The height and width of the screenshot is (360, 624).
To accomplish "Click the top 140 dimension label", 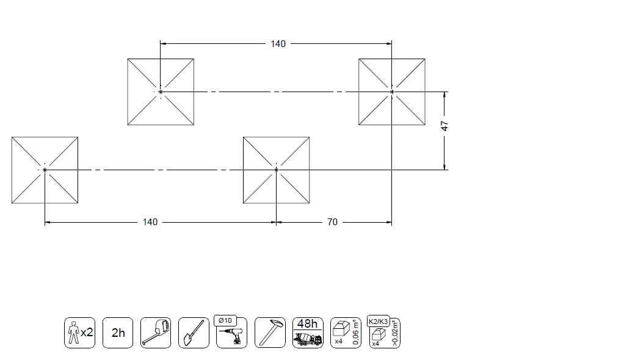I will [x=278, y=44].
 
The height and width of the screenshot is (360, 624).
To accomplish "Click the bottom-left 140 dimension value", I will [x=150, y=222].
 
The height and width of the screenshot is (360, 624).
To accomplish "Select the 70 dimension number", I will [x=332, y=222].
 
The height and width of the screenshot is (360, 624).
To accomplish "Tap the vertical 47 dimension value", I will [x=445, y=126].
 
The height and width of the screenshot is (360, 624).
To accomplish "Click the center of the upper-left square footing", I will [x=161, y=92].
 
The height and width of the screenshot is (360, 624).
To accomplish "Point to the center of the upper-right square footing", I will [x=392, y=92].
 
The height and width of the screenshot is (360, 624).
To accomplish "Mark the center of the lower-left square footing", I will [x=45, y=170].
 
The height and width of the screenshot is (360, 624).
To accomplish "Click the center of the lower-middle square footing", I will [x=277, y=170].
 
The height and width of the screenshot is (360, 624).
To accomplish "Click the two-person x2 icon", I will [x=80, y=333].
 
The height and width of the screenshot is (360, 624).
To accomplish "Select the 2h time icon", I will [x=118, y=333].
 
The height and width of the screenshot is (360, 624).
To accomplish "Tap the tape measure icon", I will [x=156, y=333].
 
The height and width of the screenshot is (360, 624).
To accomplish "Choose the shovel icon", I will [x=194, y=333].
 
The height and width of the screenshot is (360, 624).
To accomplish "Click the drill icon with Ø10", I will [x=233, y=336].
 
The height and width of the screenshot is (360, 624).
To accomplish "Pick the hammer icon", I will [x=269, y=333].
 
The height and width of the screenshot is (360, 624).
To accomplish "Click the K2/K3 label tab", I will [x=378, y=321].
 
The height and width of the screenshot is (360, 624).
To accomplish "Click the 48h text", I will [x=307, y=324].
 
